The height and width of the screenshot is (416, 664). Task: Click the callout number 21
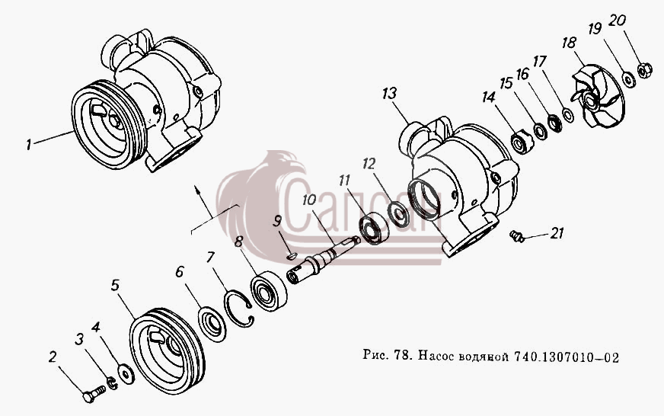pyautogui.click(x=557, y=233)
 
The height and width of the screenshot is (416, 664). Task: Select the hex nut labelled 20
pyautogui.click(x=644, y=70)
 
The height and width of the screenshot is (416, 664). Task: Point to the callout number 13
pyautogui.click(x=389, y=94)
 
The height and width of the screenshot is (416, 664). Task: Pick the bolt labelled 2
pyautogui.click(x=94, y=392)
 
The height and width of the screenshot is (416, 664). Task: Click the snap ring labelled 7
pyautogui.click(x=239, y=308)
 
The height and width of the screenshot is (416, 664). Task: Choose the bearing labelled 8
pyautogui.click(x=268, y=290)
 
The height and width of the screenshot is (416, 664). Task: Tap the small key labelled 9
pyautogui.click(x=292, y=256)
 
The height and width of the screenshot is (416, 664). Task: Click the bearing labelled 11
pyautogui.click(x=373, y=228)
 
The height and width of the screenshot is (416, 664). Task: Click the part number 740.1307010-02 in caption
pyautogui.click(x=567, y=357)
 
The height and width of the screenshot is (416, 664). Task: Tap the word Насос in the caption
pyautogui.click(x=436, y=357)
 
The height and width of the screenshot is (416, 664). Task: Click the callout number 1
pyautogui.click(x=28, y=145)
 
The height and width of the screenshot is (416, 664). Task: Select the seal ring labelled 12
pyautogui.click(x=398, y=215)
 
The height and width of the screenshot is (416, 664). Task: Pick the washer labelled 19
pyautogui.click(x=628, y=79)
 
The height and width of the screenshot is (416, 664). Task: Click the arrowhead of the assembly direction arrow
pyautogui.click(x=196, y=187)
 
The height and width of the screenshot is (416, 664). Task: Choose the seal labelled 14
pyautogui.click(x=522, y=142)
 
